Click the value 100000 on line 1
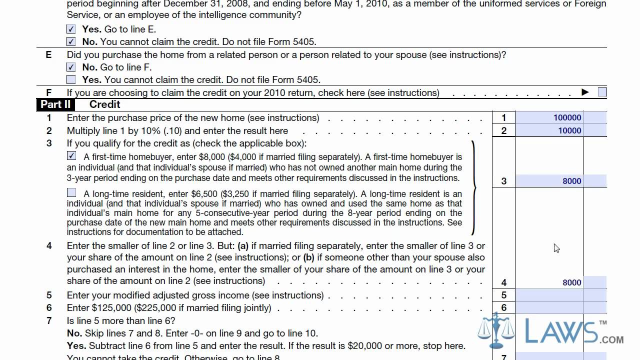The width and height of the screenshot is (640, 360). [567, 118]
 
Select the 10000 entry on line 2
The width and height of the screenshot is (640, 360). [569, 131]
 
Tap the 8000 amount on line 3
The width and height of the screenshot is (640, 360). [571, 181]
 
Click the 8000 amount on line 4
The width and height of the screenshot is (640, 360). [571, 282]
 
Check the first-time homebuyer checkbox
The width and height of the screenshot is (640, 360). [71, 156]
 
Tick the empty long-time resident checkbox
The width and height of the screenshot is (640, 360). [71, 193]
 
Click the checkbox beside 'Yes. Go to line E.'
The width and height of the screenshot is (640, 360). [71, 29]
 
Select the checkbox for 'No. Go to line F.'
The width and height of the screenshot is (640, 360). [71, 67]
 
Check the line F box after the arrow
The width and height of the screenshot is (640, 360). [602, 92]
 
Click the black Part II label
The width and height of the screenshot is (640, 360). [55, 104]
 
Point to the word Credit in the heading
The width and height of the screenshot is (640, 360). [104, 104]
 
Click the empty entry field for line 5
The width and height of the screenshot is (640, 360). [549, 295]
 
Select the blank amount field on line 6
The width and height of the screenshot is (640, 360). [549, 308]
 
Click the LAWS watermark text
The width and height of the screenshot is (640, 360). [560, 331]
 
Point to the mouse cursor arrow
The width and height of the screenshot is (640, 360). [556, 247]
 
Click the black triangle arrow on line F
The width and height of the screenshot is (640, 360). [585, 92]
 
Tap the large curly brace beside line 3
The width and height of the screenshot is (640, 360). [472, 188]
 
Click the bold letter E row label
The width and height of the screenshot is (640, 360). [48, 55]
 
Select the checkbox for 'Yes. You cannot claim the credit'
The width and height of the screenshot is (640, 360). [71, 79]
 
